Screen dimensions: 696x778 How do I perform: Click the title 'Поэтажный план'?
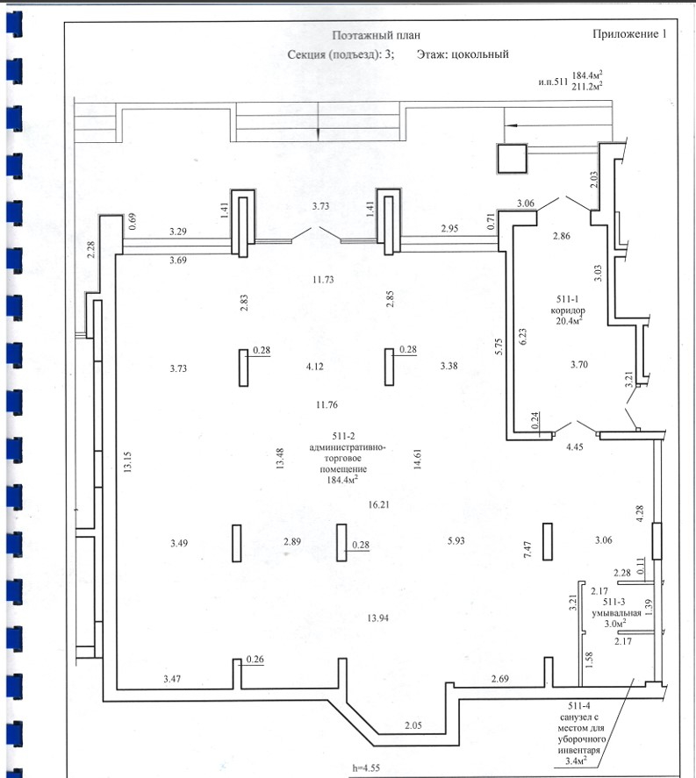(x=376, y=35)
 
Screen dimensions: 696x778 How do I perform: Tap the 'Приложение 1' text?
(x=629, y=33)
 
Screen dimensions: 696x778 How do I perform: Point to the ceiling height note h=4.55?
(x=366, y=768)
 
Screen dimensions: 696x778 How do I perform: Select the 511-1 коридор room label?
(x=568, y=304)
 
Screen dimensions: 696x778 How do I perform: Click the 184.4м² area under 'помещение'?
(x=342, y=480)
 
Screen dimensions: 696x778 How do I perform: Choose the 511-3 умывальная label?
(x=615, y=607)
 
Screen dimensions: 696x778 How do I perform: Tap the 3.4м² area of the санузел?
(x=577, y=760)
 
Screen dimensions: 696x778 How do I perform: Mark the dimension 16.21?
(x=378, y=504)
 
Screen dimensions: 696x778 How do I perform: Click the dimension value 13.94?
(x=377, y=617)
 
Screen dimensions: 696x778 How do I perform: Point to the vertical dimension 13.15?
(x=128, y=461)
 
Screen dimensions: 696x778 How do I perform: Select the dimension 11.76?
(x=326, y=405)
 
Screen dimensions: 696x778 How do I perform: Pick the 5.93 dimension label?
(x=456, y=540)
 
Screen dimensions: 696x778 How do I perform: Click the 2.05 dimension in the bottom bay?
(x=413, y=725)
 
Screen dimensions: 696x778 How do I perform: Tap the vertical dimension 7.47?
(x=527, y=549)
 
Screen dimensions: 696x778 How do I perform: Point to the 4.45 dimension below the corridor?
(x=574, y=446)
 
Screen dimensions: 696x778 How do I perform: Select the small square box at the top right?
(x=513, y=159)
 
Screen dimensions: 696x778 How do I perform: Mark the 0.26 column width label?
(x=255, y=659)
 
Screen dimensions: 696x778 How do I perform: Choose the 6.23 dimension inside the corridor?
(x=522, y=337)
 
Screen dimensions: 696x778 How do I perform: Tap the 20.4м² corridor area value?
(x=569, y=320)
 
